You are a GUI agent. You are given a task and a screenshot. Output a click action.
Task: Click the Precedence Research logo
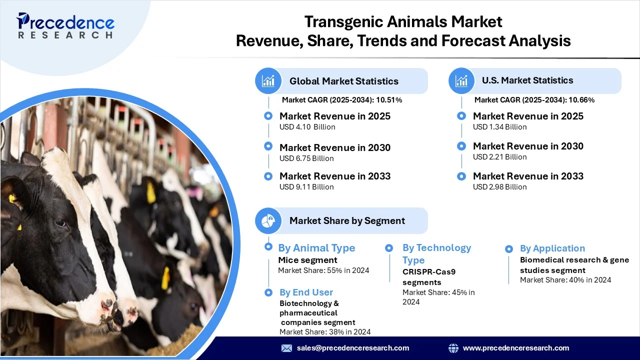point(65,25)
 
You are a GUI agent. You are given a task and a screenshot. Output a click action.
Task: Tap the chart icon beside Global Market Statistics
point(268,81)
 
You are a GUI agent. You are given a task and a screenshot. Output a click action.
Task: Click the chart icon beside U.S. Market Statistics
point(461,81)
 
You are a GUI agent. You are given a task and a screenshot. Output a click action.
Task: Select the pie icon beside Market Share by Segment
point(268,221)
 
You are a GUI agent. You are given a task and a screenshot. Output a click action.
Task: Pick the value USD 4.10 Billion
point(307,127)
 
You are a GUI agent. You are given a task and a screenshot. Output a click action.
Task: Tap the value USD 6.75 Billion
point(306,158)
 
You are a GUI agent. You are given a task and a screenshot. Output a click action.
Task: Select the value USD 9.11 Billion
point(306,187)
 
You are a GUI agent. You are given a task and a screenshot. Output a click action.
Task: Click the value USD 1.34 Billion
point(499,127)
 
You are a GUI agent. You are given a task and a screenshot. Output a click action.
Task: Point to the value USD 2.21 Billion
point(499,157)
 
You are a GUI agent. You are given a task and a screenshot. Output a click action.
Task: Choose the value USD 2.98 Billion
point(499,187)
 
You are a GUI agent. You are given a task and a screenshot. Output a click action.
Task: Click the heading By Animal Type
point(316,248)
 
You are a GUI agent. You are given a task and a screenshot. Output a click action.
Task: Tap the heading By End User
point(306,292)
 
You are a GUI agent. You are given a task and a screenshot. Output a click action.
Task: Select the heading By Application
point(552,248)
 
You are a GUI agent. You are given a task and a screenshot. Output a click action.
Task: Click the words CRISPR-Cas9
point(429,271)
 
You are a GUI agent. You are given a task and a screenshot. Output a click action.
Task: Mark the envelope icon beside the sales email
point(286,348)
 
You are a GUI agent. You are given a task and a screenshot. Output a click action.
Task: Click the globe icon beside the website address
point(453,348)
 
